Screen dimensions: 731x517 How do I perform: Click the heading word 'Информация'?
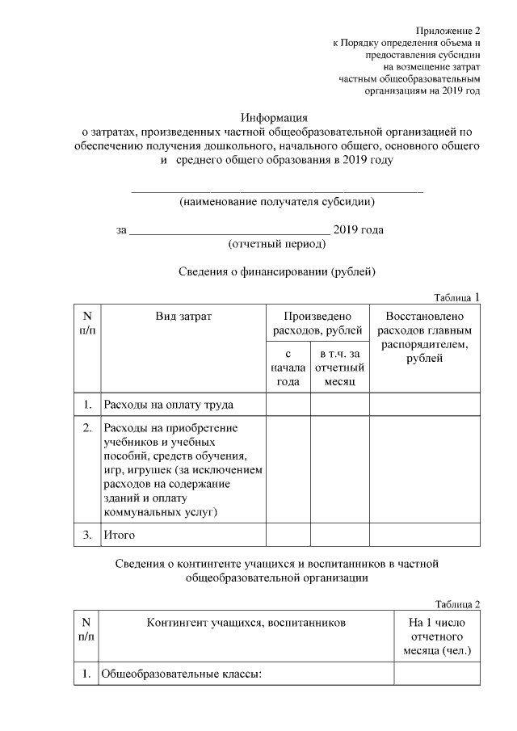pos(277,117)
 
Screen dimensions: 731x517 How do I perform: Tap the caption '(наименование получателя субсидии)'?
pos(277,201)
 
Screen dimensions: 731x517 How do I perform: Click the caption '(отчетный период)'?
pos(277,243)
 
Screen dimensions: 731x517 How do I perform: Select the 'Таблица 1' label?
pos(456,297)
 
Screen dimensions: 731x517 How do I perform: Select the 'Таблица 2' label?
pos(457,604)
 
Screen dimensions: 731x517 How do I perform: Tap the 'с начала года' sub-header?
pos(288,368)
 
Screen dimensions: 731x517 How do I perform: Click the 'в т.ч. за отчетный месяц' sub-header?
pos(339,368)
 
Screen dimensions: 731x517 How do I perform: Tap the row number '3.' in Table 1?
pos(86,535)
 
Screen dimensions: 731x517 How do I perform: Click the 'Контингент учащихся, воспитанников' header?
pos(246,624)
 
